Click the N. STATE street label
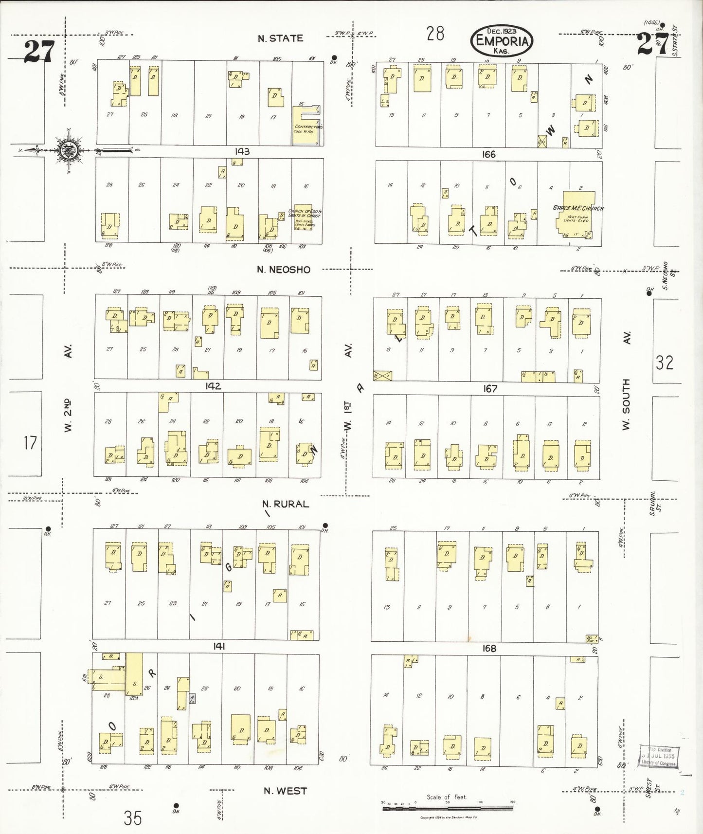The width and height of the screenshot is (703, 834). click(x=280, y=38)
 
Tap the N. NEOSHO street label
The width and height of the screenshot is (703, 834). click(x=283, y=270)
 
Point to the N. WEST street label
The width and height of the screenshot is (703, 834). click(x=285, y=791)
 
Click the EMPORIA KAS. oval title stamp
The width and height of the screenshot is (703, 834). click(x=502, y=40)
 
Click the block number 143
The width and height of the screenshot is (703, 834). click(x=242, y=151)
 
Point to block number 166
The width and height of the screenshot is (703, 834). click(x=488, y=154)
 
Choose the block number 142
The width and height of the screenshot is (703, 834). click(x=213, y=386)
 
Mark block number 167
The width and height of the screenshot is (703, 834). click(x=490, y=388)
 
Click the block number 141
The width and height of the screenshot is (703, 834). click(x=219, y=646)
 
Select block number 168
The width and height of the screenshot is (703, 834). click(x=489, y=648)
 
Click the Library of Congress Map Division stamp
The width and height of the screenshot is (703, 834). click(x=659, y=756)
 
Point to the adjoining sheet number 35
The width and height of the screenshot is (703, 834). click(x=132, y=818)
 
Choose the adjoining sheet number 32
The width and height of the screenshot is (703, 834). click(x=664, y=363)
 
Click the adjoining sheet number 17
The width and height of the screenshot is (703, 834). click(x=30, y=443)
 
